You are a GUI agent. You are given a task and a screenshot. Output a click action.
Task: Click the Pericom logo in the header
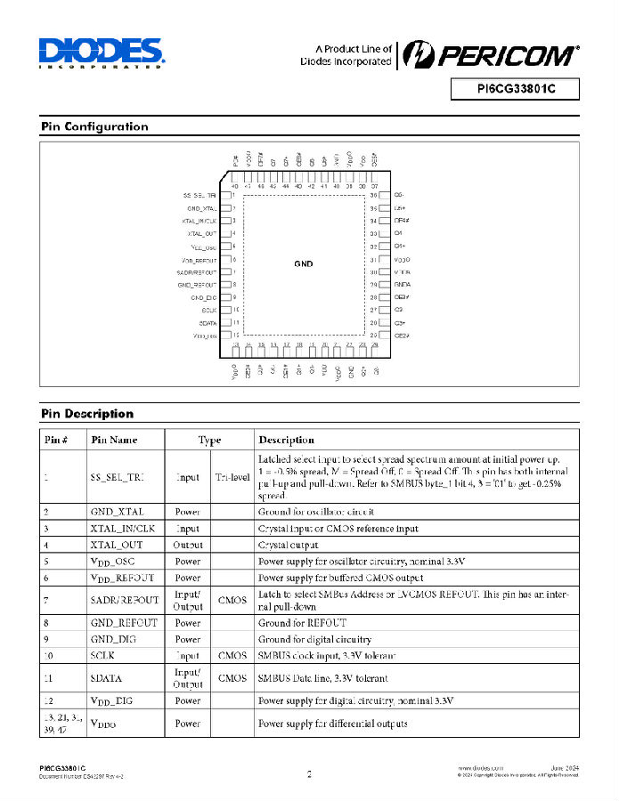point(488,55)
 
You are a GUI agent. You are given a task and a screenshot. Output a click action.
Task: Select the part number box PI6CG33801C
point(516,89)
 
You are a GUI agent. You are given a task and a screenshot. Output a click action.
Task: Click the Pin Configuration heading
point(94,126)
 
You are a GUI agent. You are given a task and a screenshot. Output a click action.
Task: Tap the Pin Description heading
point(87,414)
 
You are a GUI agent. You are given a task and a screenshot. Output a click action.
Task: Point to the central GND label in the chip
point(304,263)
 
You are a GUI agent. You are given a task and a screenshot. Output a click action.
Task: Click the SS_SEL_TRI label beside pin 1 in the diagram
point(200,194)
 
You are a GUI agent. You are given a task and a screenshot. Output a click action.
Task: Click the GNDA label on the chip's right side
point(402,284)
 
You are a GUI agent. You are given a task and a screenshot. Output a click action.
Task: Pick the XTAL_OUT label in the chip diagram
point(202,232)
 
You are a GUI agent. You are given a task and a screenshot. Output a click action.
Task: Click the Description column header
point(286,440)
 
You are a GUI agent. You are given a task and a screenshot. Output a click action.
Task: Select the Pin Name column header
point(114,440)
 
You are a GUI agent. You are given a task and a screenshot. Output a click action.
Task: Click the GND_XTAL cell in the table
point(117,512)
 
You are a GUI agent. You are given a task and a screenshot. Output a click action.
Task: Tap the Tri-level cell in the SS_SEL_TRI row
point(231,477)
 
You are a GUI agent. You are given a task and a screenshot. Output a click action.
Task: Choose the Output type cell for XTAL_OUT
point(188,545)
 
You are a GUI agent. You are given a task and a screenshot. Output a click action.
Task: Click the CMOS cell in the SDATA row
point(232,678)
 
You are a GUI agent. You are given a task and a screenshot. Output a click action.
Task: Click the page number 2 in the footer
point(309,774)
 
